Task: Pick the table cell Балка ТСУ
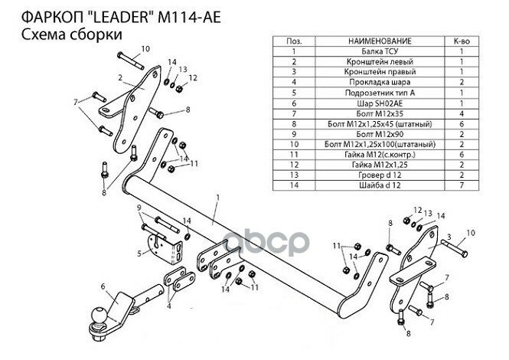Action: pyautogui.click(x=379, y=49)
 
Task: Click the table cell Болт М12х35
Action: pyautogui.click(x=379, y=113)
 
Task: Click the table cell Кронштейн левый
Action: pyautogui.click(x=379, y=60)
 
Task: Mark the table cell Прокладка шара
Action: pyautogui.click(x=379, y=80)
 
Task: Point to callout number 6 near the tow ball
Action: pyautogui.click(x=102, y=287)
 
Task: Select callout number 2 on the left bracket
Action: pyautogui.click(x=121, y=77)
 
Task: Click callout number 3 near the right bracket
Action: pyautogui.click(x=449, y=237)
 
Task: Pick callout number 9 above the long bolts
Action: pyautogui.click(x=139, y=208)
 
